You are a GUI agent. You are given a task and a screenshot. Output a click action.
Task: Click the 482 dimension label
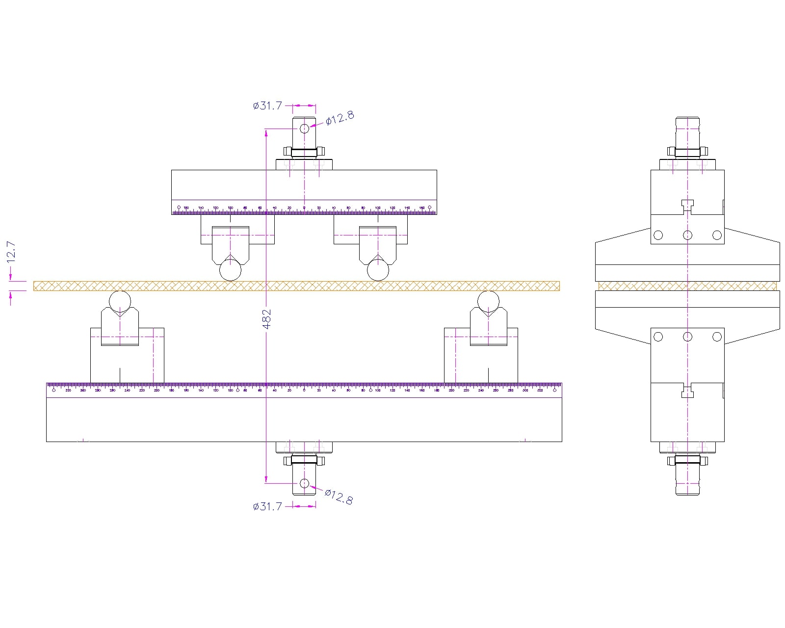(266, 318)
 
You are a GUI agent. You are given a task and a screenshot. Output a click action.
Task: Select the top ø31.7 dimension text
(267, 105)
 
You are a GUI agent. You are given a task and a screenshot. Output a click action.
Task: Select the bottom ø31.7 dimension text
(267, 506)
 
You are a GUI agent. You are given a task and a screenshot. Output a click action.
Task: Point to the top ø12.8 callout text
(340, 118)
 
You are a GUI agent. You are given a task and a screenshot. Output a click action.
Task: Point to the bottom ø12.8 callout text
(339, 497)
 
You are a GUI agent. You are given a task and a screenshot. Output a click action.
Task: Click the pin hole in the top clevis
(304, 129)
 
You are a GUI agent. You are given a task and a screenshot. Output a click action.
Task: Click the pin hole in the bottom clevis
(304, 483)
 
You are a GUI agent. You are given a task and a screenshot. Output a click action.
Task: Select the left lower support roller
(120, 301)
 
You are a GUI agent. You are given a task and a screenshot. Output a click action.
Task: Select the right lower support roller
(488, 301)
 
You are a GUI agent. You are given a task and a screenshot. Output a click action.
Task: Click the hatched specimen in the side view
(687, 286)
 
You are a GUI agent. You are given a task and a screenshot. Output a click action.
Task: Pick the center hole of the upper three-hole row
(687, 235)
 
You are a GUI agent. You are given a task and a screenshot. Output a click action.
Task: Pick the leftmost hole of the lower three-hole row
(658, 337)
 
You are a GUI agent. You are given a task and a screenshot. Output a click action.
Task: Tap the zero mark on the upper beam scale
(304, 208)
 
